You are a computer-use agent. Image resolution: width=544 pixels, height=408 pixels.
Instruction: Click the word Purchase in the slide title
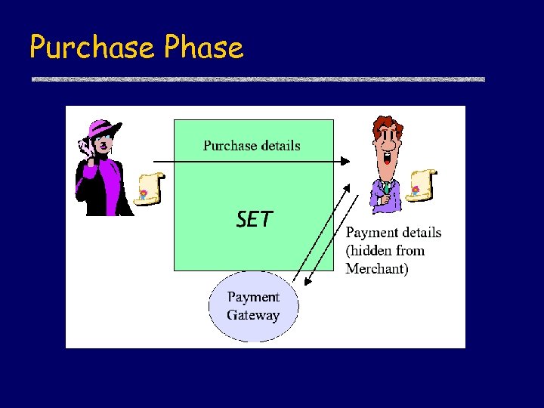[91, 48]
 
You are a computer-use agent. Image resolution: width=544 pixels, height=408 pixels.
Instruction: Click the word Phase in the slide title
[203, 48]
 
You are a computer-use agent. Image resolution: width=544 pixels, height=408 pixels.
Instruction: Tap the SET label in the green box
[254, 219]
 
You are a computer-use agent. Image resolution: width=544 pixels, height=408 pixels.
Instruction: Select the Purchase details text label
[252, 146]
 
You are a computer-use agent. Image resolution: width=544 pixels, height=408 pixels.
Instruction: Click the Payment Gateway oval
[254, 306]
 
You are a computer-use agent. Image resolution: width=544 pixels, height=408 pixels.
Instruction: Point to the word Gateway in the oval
[253, 316]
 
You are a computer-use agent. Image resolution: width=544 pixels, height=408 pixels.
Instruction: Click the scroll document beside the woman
[150, 188]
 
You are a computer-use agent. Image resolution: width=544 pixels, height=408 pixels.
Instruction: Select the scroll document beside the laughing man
[422, 184]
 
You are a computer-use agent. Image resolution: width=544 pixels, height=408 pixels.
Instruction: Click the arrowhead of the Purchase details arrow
[345, 161]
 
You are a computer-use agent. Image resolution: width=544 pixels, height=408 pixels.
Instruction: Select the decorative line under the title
[257, 79]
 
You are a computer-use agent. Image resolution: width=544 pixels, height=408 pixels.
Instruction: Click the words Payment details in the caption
[394, 233]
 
